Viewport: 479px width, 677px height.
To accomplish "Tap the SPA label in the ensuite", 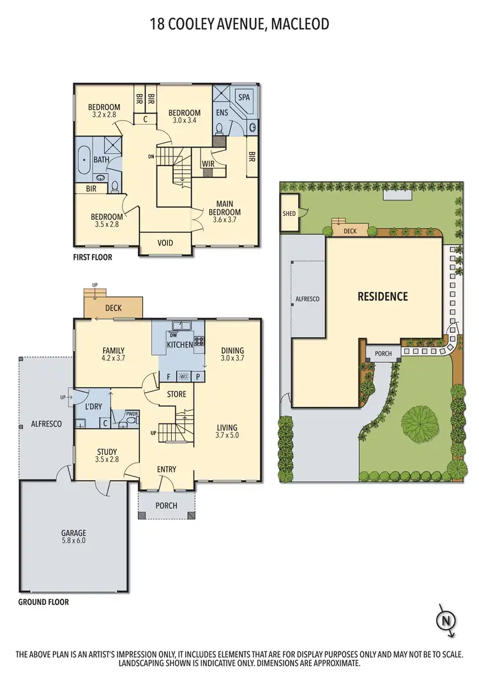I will coord(244,97).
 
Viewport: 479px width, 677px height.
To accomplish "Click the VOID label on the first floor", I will coord(165,243).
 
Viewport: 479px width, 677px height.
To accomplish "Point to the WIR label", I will coord(207,164).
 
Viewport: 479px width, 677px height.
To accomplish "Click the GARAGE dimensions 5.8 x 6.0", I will coord(73,540).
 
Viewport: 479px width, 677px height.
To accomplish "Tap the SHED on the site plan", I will coord(289,213).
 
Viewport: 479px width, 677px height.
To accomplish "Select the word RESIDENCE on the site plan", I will coord(383,296).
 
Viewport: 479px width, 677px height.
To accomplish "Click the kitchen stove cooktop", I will coord(199,341).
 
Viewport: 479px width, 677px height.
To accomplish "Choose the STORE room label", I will coord(176,394).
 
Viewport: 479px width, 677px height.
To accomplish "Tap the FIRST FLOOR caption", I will coord(93,257).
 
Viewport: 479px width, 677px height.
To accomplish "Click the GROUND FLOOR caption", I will coord(43,602).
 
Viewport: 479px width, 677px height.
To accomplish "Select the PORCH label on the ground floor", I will coord(167,505).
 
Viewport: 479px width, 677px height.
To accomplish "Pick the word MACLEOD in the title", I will coord(300,24).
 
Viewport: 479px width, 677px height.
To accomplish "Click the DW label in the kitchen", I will coord(173,335).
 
